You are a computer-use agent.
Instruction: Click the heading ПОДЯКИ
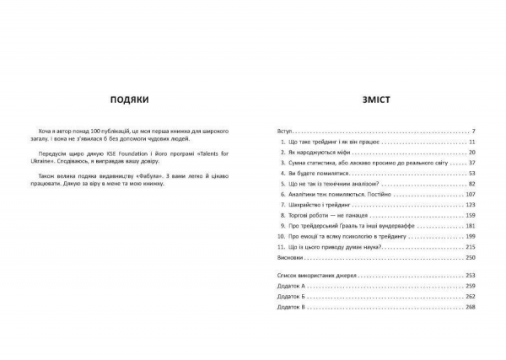pos(129,99)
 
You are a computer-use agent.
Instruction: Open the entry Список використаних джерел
pos(316,277)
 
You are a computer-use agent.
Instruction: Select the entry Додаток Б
pos(290,298)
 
